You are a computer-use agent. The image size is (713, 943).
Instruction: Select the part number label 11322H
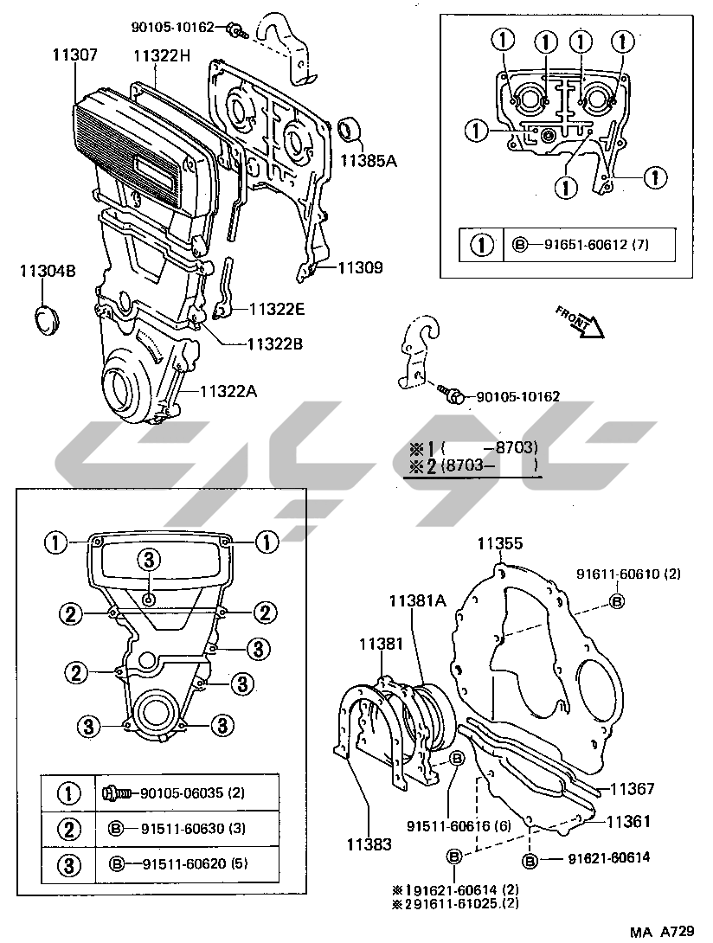pyautogui.click(x=162, y=55)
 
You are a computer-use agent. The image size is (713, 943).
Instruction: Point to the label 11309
pyautogui.click(x=360, y=268)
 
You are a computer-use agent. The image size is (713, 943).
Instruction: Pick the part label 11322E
pyautogui.click(x=278, y=309)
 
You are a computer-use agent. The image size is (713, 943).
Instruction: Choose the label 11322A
pyautogui.click(x=229, y=391)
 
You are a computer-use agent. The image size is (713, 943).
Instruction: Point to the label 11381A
pyautogui.click(x=416, y=600)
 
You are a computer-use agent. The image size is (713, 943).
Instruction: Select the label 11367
pyautogui.click(x=632, y=789)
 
